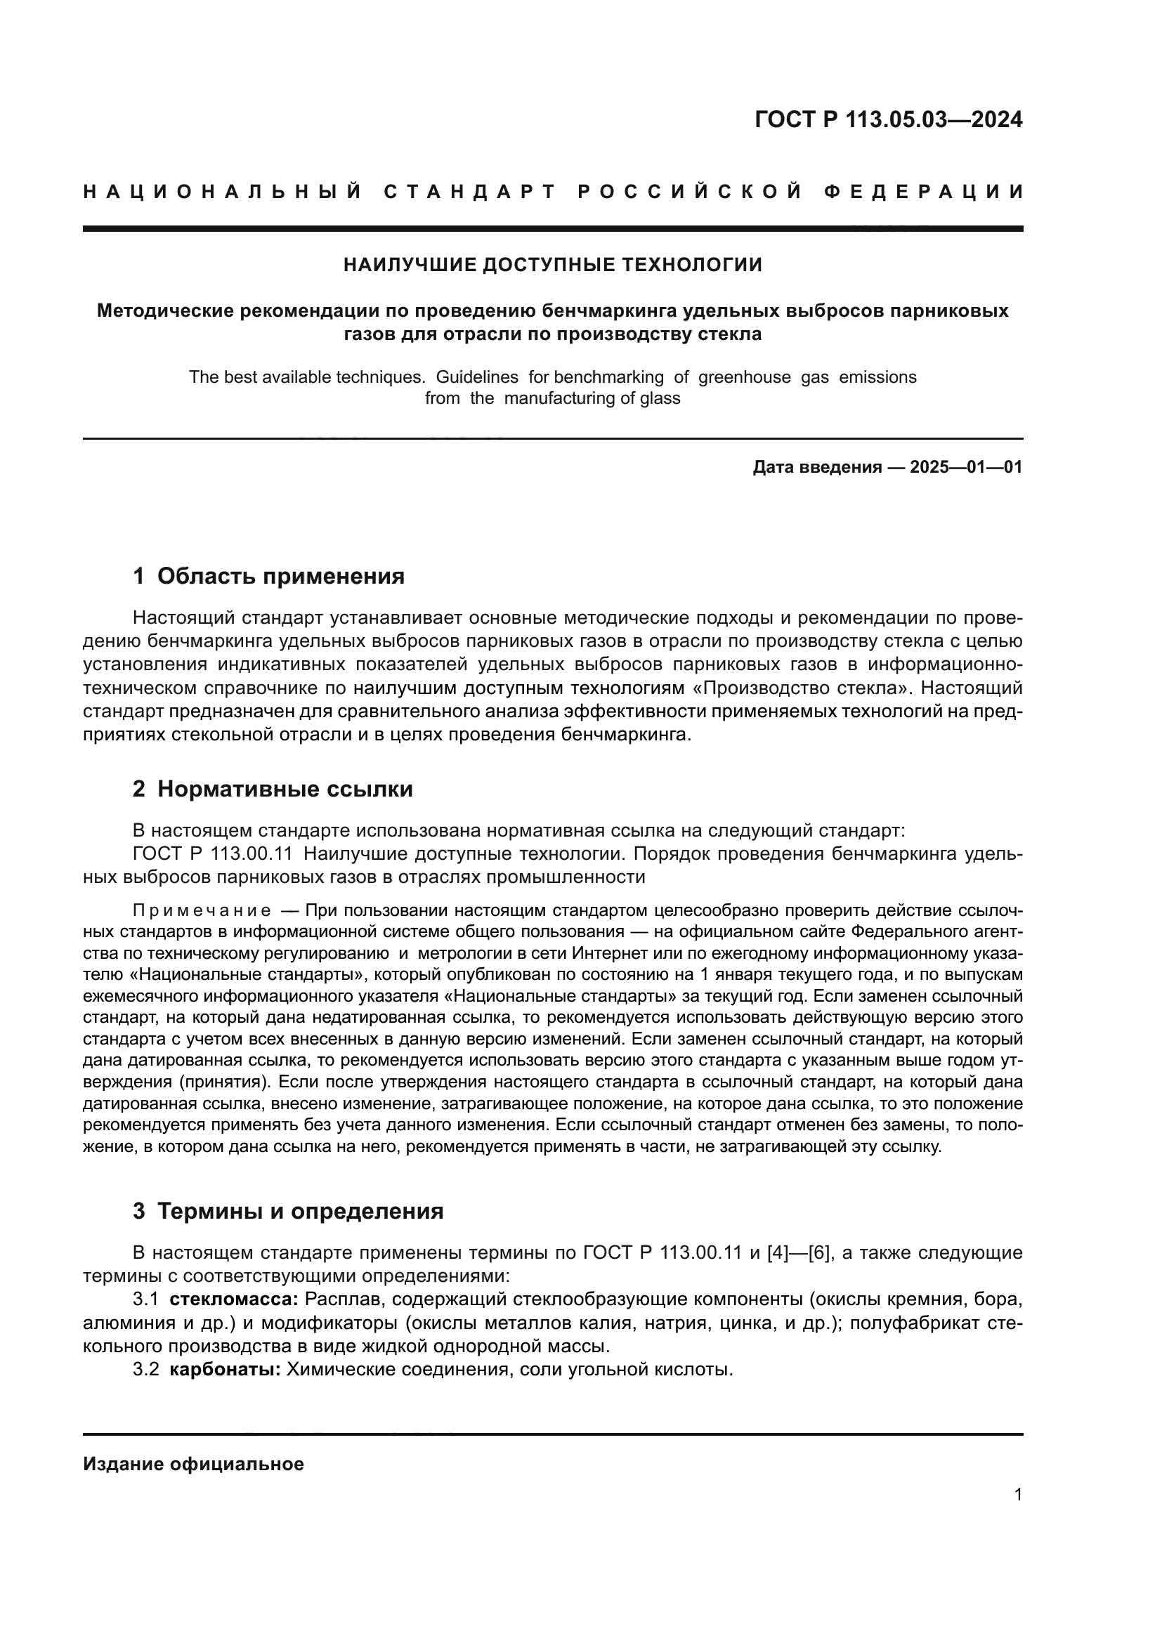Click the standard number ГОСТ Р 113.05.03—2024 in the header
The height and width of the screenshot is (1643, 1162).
tap(888, 119)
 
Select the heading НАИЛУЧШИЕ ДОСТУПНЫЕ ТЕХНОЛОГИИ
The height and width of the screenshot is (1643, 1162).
tap(552, 266)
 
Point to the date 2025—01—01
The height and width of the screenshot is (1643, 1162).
tap(966, 467)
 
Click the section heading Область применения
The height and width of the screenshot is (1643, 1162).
tap(280, 576)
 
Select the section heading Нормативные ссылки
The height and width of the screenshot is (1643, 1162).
tap(285, 790)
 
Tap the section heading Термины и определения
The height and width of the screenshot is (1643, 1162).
tap(300, 1212)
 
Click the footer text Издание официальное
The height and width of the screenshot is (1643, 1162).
tap(193, 1464)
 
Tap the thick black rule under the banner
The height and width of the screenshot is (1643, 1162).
tap(552, 229)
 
